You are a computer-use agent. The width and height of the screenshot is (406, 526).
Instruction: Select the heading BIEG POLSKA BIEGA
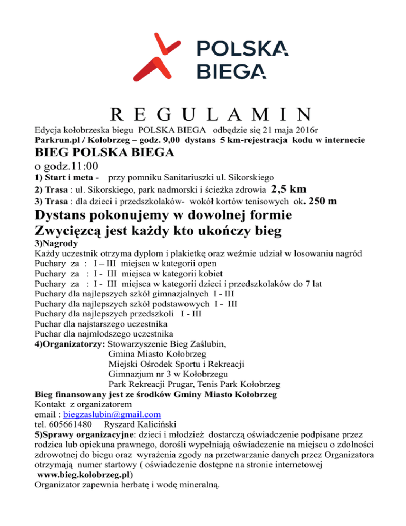105,153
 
